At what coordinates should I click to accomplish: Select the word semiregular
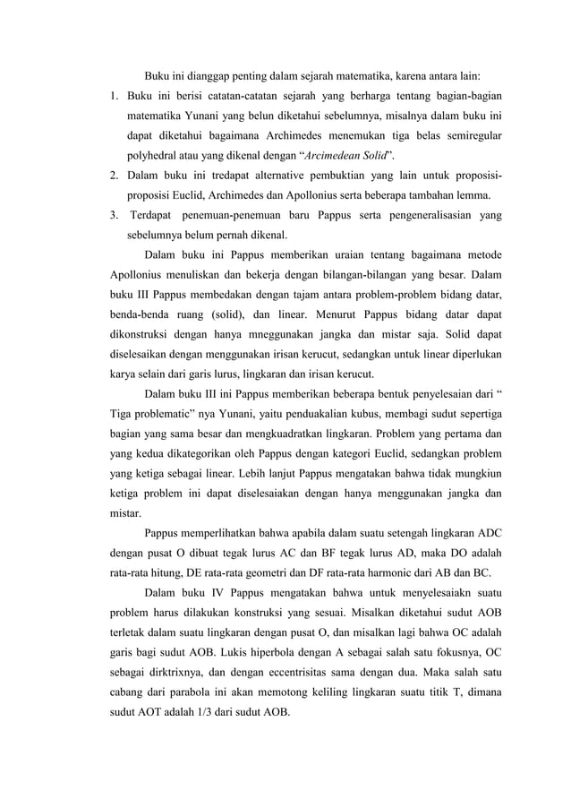468,135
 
